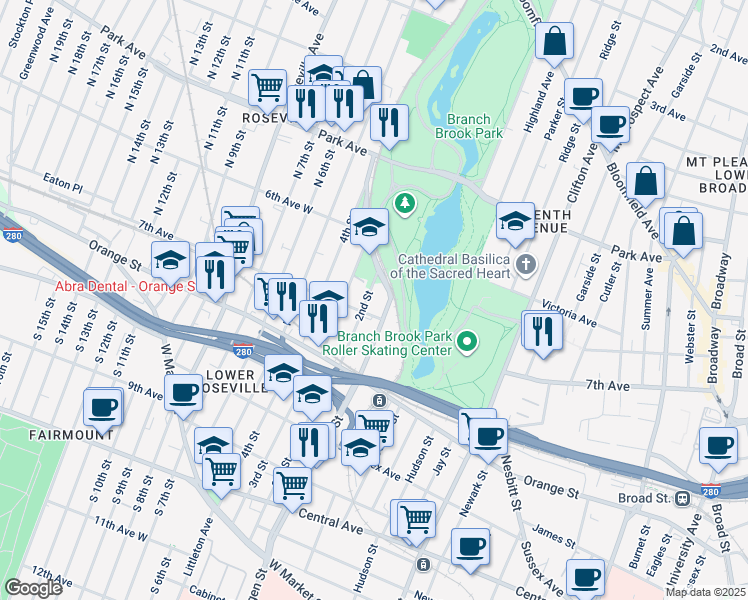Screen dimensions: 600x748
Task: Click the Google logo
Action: point(33,588)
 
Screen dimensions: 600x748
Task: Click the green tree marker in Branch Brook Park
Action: point(405,204)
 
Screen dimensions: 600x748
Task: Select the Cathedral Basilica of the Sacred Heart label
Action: point(451,264)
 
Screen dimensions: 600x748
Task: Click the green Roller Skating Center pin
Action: point(465,345)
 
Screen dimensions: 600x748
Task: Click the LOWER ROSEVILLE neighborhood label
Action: point(235,381)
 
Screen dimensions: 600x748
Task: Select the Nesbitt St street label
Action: point(514,483)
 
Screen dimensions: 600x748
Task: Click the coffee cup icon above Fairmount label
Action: point(104,407)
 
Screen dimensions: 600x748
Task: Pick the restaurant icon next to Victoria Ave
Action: point(542,330)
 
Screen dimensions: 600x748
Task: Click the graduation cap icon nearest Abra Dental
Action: point(171,261)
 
